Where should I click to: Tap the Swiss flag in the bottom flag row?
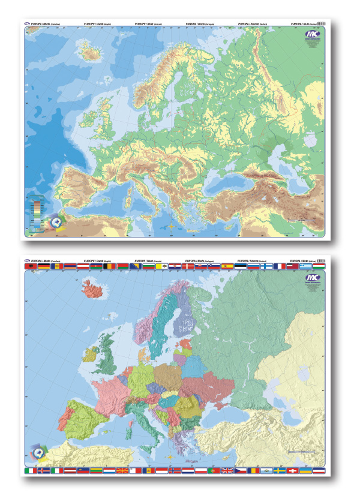coord(293,471)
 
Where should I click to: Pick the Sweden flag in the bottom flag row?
coord(280,471)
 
